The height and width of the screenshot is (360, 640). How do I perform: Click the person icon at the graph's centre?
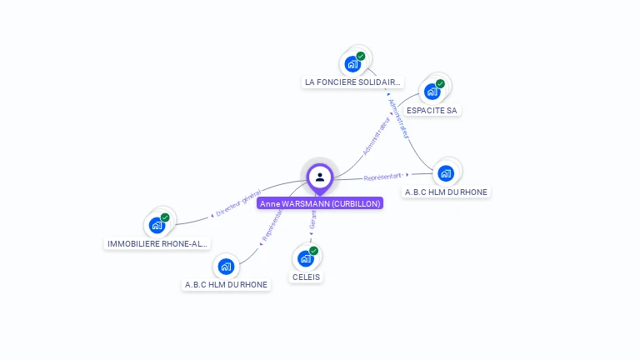320,177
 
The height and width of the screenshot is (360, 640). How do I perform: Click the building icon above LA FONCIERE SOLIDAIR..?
352,63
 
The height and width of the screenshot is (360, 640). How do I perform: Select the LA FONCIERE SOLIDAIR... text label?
353,82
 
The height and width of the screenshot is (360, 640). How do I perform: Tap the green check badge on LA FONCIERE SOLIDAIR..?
361,56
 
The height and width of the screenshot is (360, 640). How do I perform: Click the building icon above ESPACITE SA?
432,91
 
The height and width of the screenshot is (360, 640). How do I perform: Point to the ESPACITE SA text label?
432,110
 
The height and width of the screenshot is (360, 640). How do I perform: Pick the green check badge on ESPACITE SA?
440,83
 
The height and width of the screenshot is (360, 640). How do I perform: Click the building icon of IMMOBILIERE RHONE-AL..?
157,225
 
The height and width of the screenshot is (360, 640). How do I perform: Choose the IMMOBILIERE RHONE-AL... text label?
157,243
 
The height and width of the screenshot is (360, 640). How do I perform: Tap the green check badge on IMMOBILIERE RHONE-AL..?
165,217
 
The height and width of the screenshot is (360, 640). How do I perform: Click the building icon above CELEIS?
306,258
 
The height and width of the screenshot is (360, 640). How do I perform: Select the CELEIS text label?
306,277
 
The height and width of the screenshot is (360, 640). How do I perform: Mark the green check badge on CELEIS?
314,251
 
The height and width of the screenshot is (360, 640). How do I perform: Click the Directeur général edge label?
238,202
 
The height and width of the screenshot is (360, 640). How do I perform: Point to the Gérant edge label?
312,220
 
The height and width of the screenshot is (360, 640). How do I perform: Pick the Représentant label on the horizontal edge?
383,177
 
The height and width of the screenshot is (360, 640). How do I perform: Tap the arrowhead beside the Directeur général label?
211,216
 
